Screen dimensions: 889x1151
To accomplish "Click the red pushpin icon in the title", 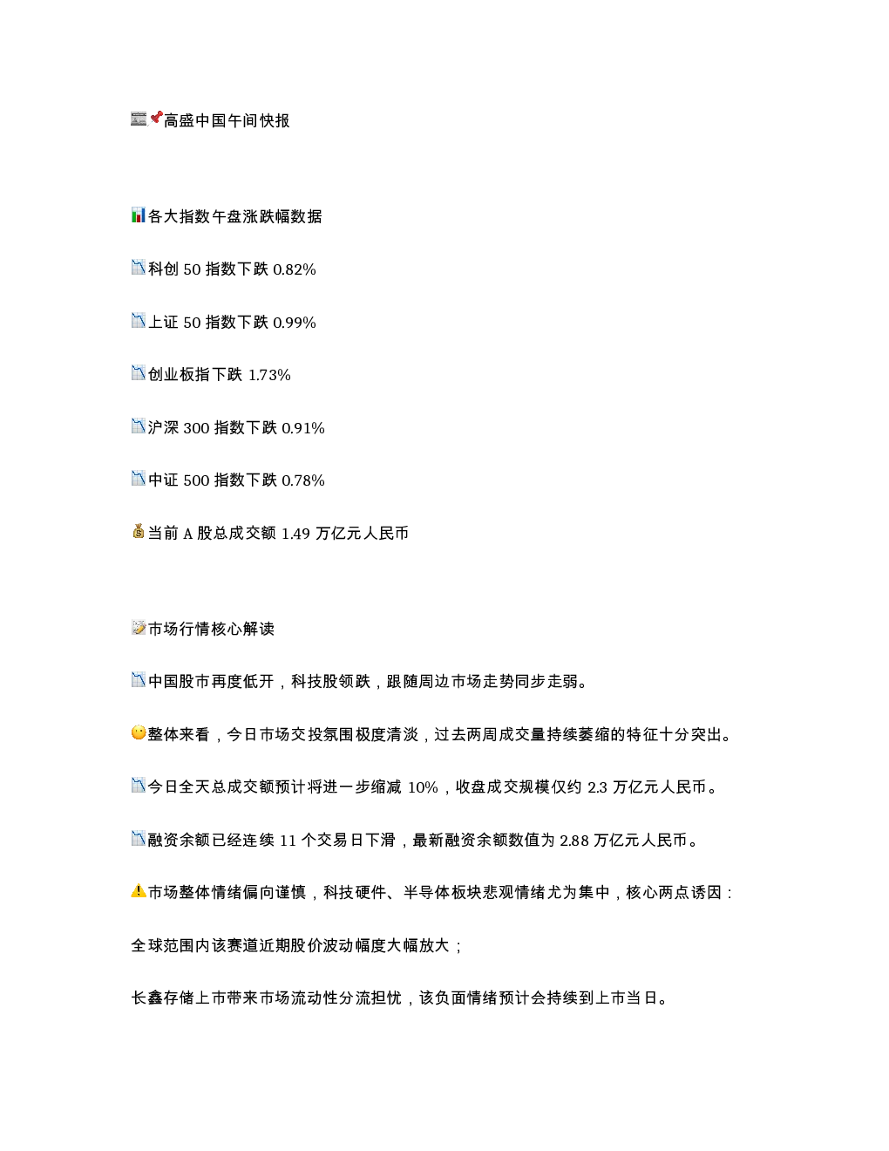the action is tap(156, 118).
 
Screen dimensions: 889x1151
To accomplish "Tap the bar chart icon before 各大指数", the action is tap(139, 215).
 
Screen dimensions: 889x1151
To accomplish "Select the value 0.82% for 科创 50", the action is tap(295, 269).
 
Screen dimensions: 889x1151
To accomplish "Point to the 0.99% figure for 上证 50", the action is tap(295, 323).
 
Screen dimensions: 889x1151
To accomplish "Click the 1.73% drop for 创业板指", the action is tap(269, 375).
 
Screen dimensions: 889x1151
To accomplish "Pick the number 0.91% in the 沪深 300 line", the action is tap(302, 428).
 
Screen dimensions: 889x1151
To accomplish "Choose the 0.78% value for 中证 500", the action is tap(302, 480).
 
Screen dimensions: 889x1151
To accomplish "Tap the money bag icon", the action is tap(139, 531).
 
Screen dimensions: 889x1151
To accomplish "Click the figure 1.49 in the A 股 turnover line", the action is tap(295, 534).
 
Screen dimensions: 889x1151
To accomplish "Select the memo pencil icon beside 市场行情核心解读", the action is tap(139, 628).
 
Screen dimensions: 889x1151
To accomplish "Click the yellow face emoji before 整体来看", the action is tap(139, 733).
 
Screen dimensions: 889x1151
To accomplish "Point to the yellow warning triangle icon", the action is tap(139, 891).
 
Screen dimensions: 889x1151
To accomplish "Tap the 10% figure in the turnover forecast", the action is tap(423, 787).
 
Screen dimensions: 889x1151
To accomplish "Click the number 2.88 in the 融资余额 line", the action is tap(574, 841).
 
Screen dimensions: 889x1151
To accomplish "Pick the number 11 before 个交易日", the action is tap(288, 841).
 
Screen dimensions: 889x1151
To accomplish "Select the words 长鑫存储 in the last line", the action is tap(163, 998).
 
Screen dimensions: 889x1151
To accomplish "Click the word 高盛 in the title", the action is tap(179, 120).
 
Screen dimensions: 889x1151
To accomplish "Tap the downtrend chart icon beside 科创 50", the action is tap(139, 268).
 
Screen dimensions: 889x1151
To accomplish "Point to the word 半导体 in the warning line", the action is tap(427, 893).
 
